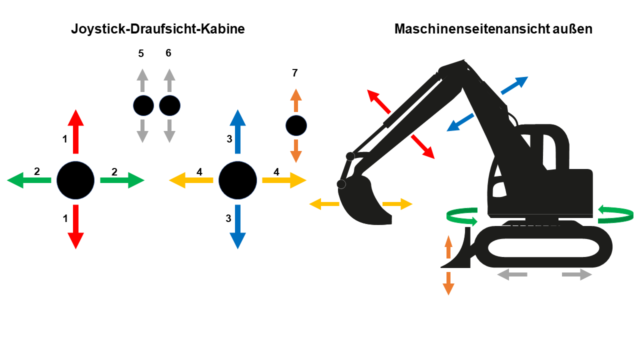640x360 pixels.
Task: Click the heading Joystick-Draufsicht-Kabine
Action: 157,29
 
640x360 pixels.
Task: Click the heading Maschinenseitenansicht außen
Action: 493,29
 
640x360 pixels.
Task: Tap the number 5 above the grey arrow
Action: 141,53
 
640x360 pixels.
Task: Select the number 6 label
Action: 168,53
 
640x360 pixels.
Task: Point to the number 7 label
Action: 295,73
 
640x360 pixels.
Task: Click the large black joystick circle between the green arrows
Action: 75,180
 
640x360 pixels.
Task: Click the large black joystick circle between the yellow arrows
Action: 237,180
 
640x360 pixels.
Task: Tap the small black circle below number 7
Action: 296,125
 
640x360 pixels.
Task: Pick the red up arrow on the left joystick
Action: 75,131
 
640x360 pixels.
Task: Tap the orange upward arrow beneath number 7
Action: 296,100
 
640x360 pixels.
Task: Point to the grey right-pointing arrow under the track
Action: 576,274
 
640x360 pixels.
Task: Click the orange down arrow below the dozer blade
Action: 448,283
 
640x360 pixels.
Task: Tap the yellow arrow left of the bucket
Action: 324,204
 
